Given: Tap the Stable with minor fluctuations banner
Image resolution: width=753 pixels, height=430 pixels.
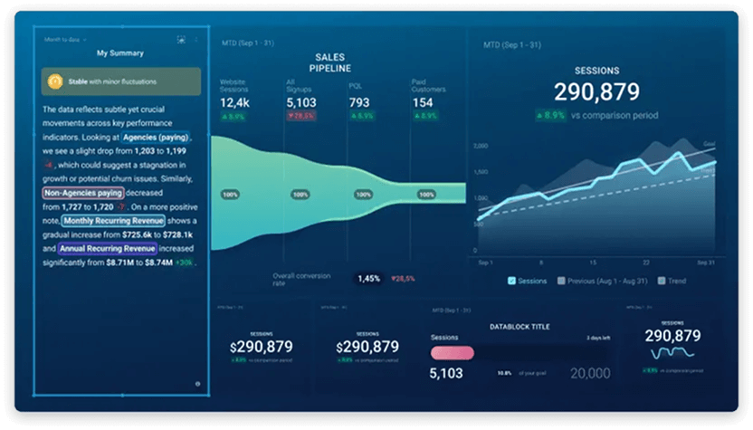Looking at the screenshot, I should pyautogui.click(x=120, y=81).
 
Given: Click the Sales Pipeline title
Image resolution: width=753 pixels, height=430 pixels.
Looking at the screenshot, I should pyautogui.click(x=330, y=62).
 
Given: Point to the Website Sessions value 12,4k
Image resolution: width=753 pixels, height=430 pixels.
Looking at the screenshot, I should pyautogui.click(x=235, y=103).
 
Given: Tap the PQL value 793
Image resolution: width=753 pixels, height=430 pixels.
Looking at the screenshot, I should pyautogui.click(x=359, y=103).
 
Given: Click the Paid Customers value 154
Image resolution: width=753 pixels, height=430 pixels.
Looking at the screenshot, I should pyautogui.click(x=423, y=103).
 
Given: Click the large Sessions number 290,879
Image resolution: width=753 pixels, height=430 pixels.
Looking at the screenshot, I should pyautogui.click(x=596, y=91).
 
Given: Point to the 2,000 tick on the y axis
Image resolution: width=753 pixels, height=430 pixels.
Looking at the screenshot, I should pyautogui.click(x=481, y=145).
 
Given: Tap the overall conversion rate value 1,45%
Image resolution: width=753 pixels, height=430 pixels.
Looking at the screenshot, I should pyautogui.click(x=368, y=279).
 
